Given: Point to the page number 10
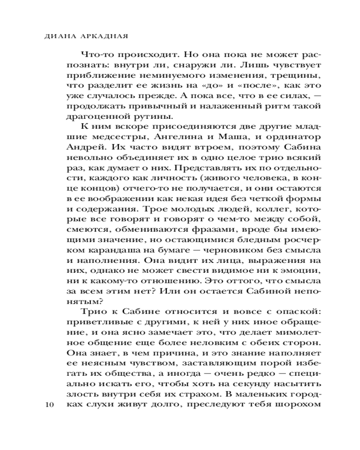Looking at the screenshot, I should coord(49,405).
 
